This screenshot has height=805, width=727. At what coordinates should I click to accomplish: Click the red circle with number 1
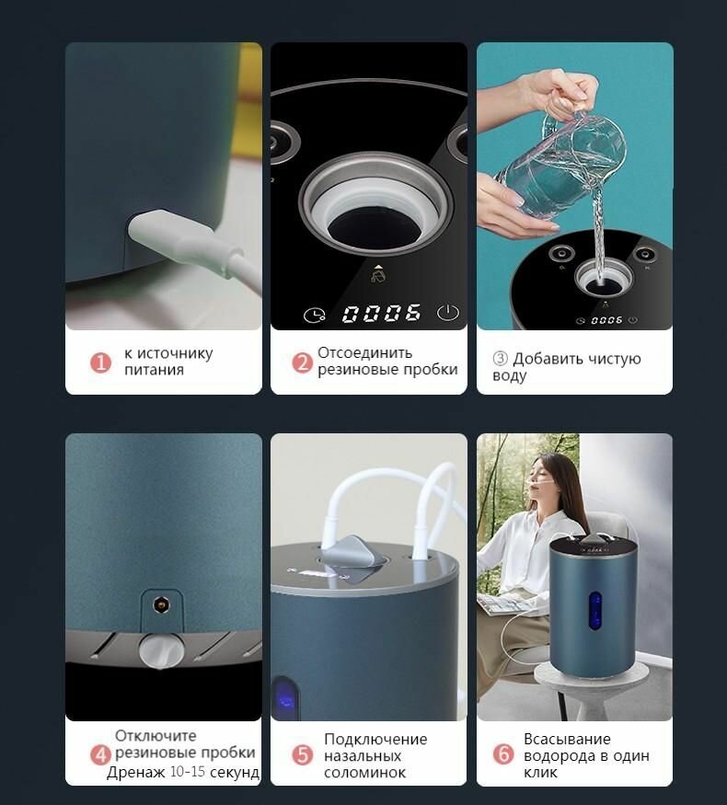pos(100,362)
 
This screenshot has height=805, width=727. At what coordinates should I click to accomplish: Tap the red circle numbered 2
pos(303,362)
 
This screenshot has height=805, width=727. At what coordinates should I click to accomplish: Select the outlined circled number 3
pos(500,358)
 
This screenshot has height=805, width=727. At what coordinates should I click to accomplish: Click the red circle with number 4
pos(100,754)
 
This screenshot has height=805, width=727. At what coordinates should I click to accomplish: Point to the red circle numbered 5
pos(303,754)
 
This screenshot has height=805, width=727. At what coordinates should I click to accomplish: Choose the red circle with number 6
pos(503,754)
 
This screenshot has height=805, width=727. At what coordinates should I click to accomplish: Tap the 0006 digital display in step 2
pos(382,313)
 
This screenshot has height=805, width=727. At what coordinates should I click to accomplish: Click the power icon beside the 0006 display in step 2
pos(447,313)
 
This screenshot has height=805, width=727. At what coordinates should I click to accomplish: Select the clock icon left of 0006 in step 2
pos(314,316)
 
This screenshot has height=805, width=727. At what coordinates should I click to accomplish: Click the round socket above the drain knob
pos(162,605)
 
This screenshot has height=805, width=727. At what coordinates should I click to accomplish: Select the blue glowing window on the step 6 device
pos(595,611)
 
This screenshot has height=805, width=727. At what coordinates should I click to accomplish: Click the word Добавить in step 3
pos(548,359)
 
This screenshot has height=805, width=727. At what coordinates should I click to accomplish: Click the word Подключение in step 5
pos(375,740)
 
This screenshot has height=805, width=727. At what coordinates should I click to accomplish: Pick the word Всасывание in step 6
pos(567,739)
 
